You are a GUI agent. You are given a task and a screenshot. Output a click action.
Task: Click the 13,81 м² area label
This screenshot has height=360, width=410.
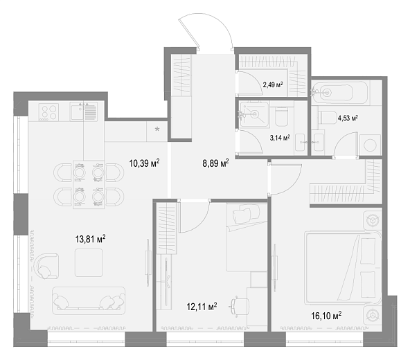pyautogui.click(x=91, y=239)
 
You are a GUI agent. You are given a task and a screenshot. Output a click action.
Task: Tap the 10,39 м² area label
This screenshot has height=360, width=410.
pyautogui.click(x=144, y=163)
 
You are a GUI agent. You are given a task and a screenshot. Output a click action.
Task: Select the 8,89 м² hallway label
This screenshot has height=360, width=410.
pyautogui.click(x=215, y=163)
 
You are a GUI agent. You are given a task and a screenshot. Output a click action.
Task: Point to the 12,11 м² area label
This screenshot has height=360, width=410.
pyautogui.click(x=202, y=307)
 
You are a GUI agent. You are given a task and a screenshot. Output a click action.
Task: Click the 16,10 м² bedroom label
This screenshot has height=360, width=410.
pyautogui.click(x=326, y=316)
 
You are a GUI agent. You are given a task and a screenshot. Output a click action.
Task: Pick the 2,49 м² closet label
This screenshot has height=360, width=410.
pyautogui.click(x=273, y=84)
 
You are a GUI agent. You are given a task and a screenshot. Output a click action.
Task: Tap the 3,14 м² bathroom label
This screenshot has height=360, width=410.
pyautogui.click(x=280, y=138)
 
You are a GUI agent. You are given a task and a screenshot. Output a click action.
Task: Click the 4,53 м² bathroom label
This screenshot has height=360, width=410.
pyautogui.click(x=348, y=118)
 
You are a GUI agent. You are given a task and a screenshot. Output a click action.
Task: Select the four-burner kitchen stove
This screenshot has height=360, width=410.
pyautogui.click(x=48, y=112)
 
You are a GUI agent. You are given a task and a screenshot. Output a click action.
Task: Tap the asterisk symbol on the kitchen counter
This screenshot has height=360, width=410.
pyautogui.click(x=157, y=129)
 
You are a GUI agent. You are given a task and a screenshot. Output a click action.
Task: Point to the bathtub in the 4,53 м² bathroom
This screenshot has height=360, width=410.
pyautogui.click(x=340, y=92)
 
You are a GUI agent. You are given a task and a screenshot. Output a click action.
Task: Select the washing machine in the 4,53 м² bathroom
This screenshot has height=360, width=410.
pyautogui.click(x=370, y=145)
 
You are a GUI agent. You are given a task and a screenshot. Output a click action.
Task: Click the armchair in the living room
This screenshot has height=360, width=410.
pyautogui.click(x=46, y=266)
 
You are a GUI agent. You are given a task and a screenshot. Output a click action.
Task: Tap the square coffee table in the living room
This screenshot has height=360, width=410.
pyautogui.click(x=89, y=262)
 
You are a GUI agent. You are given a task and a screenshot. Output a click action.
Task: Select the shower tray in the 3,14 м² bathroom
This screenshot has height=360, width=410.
pyautogui.click(x=254, y=114)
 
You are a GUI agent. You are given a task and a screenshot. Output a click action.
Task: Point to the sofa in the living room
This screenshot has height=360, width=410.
pyautogui.click(x=89, y=300)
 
